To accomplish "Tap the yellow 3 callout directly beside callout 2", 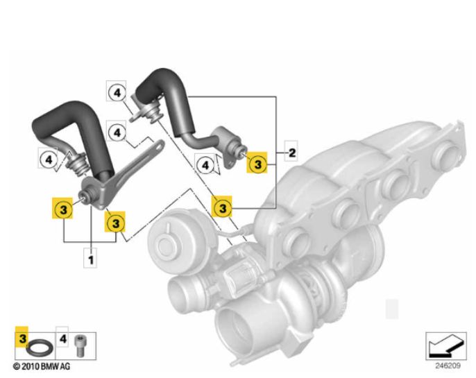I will coord(257,164).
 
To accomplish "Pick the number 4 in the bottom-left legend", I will coord(62,340).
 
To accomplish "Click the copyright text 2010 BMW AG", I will coord(42,365).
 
